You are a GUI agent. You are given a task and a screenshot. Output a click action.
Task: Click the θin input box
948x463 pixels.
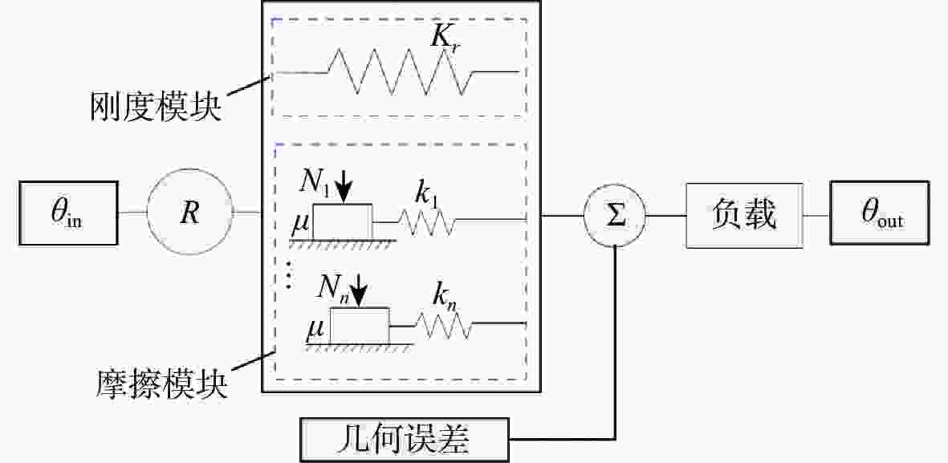[69, 213]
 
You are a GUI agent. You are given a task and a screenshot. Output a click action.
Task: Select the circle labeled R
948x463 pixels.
[190, 213]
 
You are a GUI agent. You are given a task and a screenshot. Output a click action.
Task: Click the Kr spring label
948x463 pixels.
[447, 40]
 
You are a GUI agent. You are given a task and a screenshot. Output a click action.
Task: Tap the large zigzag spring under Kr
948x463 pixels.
[401, 72]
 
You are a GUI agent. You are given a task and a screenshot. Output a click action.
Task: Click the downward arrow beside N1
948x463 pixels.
[344, 185]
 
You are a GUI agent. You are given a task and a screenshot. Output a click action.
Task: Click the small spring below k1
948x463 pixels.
[426, 222]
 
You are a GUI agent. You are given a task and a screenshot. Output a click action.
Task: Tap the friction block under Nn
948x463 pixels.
[360, 326]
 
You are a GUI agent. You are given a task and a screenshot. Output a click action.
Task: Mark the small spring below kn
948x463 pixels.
[443, 326]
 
